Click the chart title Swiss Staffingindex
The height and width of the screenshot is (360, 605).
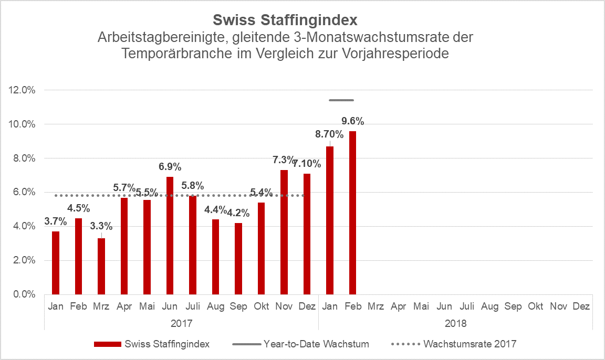[285, 20]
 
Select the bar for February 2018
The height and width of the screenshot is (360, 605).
[352, 213]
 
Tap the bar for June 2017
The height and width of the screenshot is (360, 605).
[170, 236]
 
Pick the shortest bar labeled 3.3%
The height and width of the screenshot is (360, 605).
[101, 266]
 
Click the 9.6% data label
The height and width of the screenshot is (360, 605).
[352, 121]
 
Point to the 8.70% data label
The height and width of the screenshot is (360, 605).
[329, 134]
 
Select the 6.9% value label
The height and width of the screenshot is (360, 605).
[170, 167]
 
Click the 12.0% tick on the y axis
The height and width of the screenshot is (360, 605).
[22, 90]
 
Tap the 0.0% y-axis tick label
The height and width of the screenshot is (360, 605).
[23, 294]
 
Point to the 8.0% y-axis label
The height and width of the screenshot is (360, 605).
[23, 158]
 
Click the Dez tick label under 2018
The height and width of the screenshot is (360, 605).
[581, 306]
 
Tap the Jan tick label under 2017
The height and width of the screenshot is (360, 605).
[55, 306]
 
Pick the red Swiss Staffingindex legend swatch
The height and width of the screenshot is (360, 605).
[108, 344]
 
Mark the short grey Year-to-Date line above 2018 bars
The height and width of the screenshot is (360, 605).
[341, 100]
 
